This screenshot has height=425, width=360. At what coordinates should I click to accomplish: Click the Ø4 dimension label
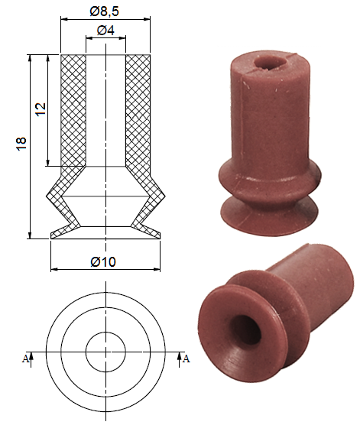point(106,31)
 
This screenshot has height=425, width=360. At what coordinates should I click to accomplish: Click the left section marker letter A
point(25,357)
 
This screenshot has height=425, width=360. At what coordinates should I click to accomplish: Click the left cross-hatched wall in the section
point(73,111)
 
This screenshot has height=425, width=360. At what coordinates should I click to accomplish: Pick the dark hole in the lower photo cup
point(244,331)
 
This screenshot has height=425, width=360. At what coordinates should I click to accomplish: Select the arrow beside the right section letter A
point(180,356)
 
